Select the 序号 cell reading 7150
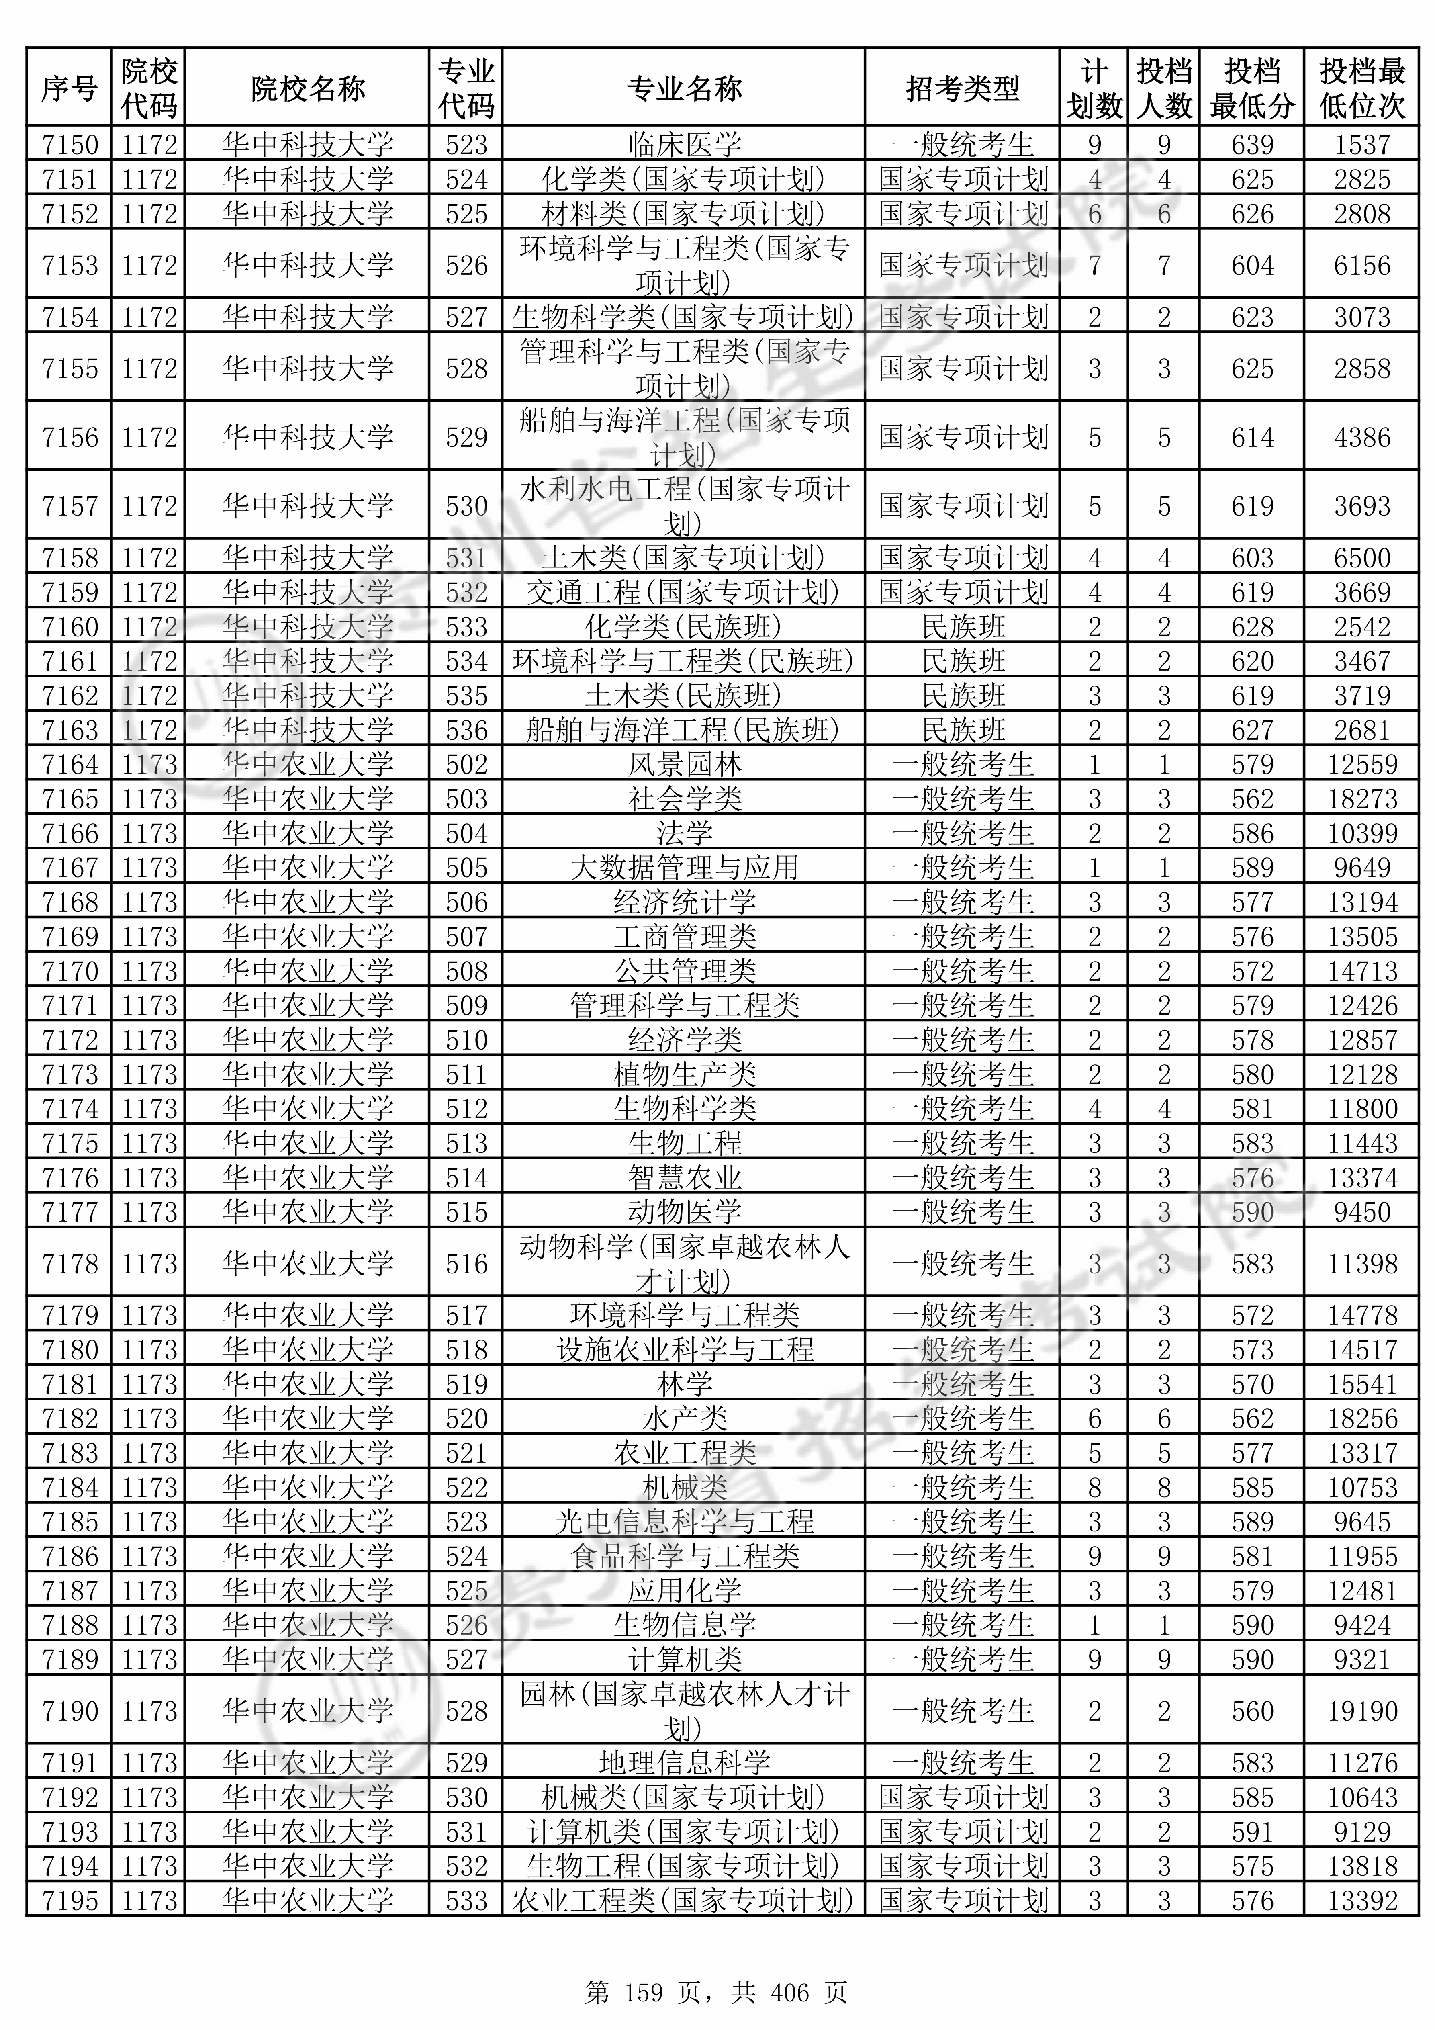point(70,144)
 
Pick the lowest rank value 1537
point(1361,144)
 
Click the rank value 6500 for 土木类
point(1361,558)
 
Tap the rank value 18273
point(1361,799)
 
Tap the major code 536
point(466,730)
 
